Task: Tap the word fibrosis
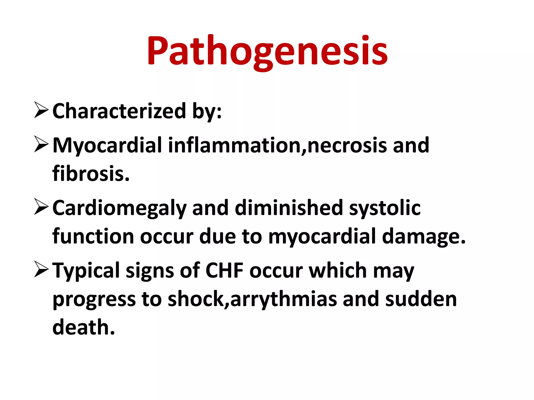[x=91, y=174]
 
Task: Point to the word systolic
[x=385, y=208]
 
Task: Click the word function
[x=93, y=236]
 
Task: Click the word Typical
[x=86, y=271]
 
